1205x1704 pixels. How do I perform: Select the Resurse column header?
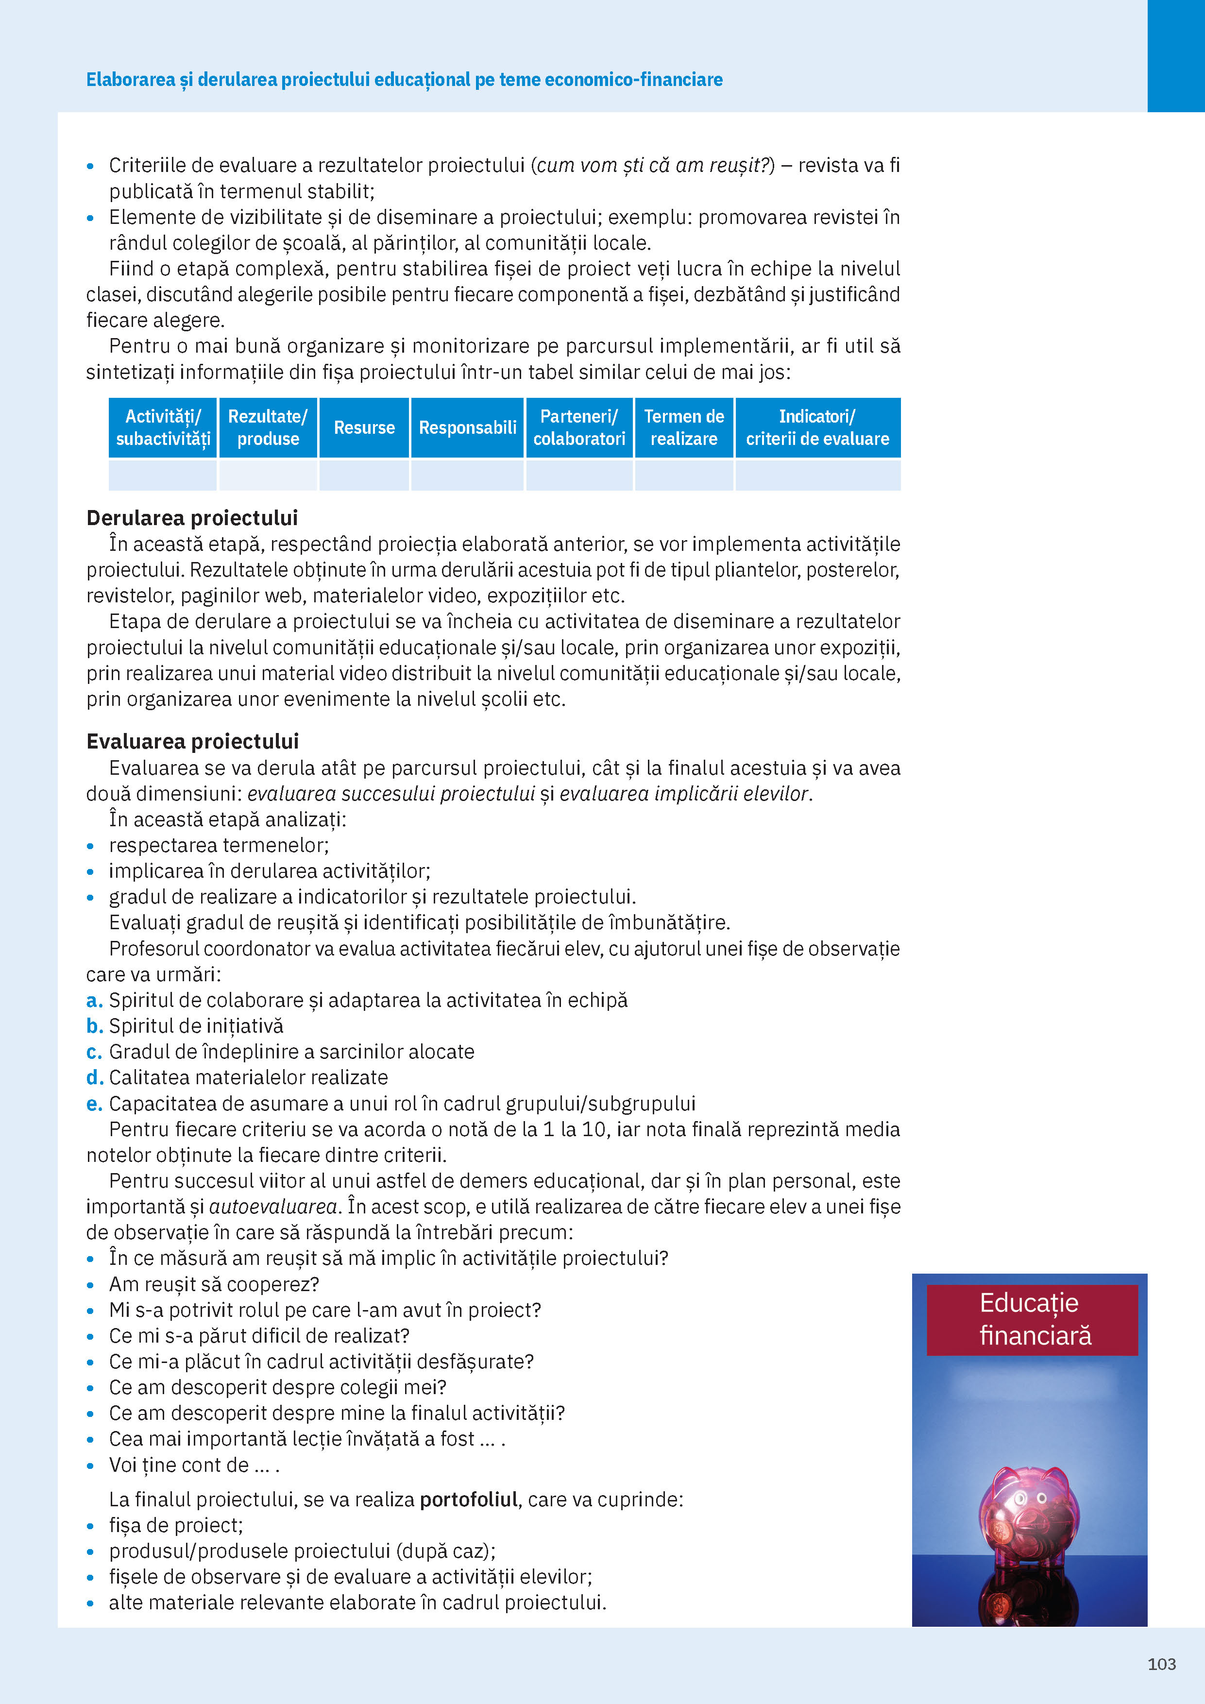click(x=364, y=427)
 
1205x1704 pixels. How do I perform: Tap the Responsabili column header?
click(x=467, y=427)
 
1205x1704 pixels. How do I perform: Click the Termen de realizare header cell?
click(x=683, y=427)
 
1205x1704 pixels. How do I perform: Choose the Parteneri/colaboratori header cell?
click(x=579, y=427)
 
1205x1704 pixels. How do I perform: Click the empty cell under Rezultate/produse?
click(x=268, y=475)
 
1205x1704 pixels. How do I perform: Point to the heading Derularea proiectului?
click(x=192, y=517)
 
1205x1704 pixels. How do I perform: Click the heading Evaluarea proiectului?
click(x=192, y=741)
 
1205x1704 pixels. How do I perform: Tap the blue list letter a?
click(x=93, y=1001)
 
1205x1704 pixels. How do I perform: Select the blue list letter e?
click(x=93, y=1104)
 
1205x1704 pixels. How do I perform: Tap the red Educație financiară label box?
click(x=1032, y=1320)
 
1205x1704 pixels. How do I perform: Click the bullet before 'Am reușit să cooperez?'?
click(x=90, y=1285)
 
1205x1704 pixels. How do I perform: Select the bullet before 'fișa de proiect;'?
click(x=90, y=1527)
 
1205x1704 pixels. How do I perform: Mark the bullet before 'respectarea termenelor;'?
click(x=90, y=846)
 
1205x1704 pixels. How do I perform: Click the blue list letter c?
click(x=93, y=1053)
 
